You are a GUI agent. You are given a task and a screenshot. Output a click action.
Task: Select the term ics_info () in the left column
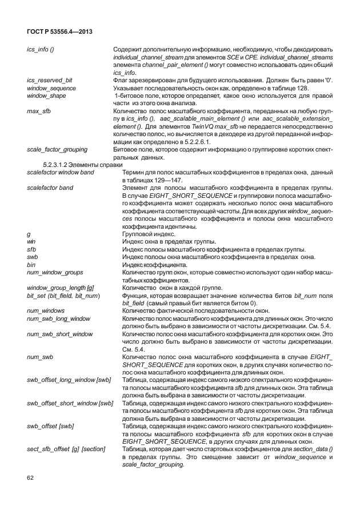[x=41, y=50]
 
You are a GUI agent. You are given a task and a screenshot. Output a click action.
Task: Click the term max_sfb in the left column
[x=39, y=109]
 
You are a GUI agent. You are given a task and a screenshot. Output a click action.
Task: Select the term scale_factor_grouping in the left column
[x=57, y=149]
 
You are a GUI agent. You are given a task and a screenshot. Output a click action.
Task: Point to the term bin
[x=31, y=265]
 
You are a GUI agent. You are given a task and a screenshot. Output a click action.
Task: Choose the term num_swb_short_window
[x=60, y=333]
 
